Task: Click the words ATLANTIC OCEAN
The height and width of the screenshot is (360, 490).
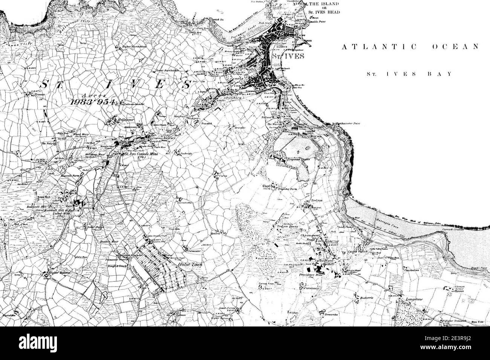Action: [x=410, y=47]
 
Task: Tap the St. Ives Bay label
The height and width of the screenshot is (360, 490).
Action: [x=409, y=74]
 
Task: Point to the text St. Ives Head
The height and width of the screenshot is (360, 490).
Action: [x=324, y=12]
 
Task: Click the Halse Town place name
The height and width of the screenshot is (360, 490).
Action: [x=189, y=265]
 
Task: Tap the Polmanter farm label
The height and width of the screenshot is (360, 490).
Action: [x=193, y=250]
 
